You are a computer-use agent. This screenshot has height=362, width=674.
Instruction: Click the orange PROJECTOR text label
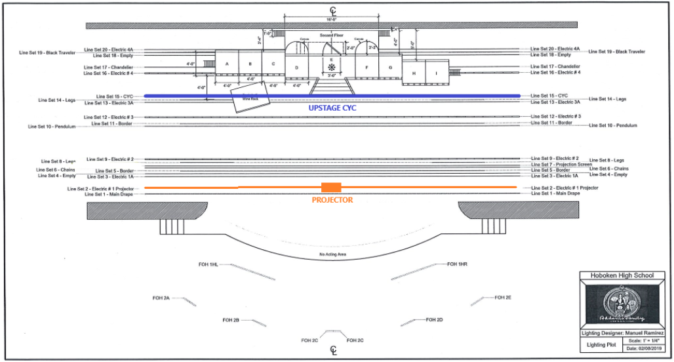click(x=332, y=200)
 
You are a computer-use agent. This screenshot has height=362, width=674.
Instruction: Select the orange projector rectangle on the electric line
click(x=332, y=188)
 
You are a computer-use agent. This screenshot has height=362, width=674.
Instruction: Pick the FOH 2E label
click(x=503, y=298)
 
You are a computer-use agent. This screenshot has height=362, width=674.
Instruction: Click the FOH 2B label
click(x=231, y=320)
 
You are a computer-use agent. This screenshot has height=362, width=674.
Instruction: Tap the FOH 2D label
click(x=435, y=319)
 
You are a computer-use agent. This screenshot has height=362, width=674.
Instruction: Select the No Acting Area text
click(x=332, y=254)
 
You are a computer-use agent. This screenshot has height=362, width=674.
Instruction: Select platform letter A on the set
click(x=226, y=64)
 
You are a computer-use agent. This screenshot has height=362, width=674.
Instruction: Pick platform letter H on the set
click(x=414, y=73)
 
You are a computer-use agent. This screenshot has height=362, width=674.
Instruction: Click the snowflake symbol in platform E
click(x=332, y=68)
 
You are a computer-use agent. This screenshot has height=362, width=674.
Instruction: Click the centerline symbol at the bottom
click(x=333, y=350)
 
